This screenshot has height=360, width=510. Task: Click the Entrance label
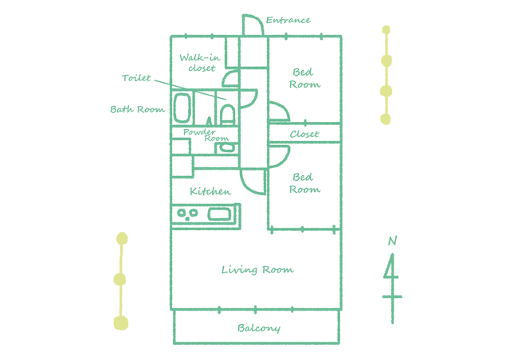pos(288,20)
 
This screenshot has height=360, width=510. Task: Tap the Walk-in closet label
pos(200,62)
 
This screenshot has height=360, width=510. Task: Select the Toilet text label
pos(136,78)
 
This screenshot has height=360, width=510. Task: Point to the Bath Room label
pos(138,109)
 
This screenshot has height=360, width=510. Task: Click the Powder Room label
pos(206,135)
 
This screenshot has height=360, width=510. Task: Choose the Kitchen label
pos(210,191)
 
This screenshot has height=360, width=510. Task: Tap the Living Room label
pos(257,270)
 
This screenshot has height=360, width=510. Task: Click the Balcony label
pos(259,328)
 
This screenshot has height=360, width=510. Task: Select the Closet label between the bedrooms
pos(304,134)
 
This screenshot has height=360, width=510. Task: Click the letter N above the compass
pos(393,241)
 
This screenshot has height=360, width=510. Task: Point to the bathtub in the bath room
pos(182,108)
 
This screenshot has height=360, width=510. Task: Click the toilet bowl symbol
pos(227,114)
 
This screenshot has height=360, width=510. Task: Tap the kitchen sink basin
pos(219,214)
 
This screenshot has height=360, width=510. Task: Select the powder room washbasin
pos(227,147)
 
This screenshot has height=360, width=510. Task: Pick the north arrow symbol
pos(392,288)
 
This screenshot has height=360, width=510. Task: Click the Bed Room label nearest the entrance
pos(304,78)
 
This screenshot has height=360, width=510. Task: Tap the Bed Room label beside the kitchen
pos(304,183)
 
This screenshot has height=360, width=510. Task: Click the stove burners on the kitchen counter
pos(187,214)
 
